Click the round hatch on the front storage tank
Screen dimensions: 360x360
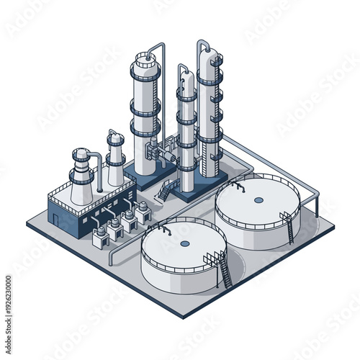[x=185, y=243]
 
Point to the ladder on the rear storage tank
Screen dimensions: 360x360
[x=289, y=227]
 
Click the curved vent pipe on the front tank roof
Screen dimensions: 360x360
[x=163, y=228]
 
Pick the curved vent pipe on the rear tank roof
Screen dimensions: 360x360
[x=238, y=186]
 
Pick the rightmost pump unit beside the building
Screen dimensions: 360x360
[x=143, y=211]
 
